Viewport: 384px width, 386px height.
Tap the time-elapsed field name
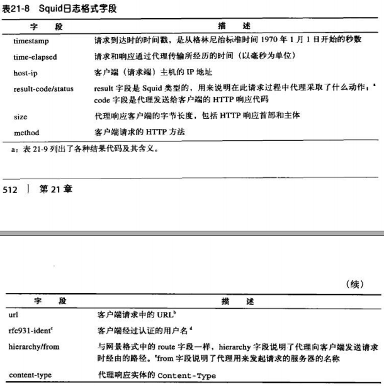click(35, 57)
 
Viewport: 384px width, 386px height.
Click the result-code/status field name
click(43, 90)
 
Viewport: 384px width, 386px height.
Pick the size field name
click(20, 117)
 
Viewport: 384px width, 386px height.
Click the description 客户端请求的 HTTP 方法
click(135, 133)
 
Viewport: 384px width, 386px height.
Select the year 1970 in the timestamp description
click(268, 41)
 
